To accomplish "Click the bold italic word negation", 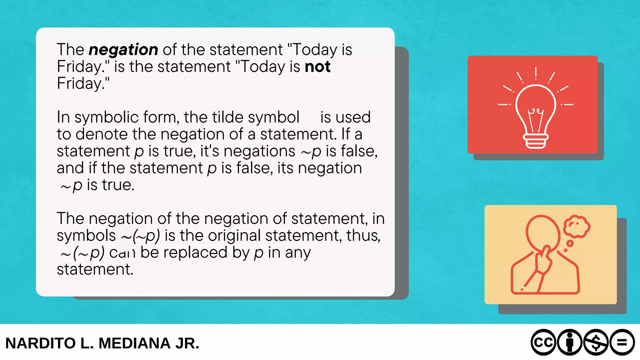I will point(123,50).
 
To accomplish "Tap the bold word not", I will point(317,67).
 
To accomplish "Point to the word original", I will point(234,236).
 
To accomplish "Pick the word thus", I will point(363,236).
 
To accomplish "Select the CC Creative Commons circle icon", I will point(543,342).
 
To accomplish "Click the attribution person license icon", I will point(570,342).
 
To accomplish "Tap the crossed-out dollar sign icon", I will point(596,342).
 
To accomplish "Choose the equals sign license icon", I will point(622,342).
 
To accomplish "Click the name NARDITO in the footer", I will point(41,343).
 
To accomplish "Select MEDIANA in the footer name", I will point(135,343).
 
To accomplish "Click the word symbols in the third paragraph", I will point(86,236).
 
